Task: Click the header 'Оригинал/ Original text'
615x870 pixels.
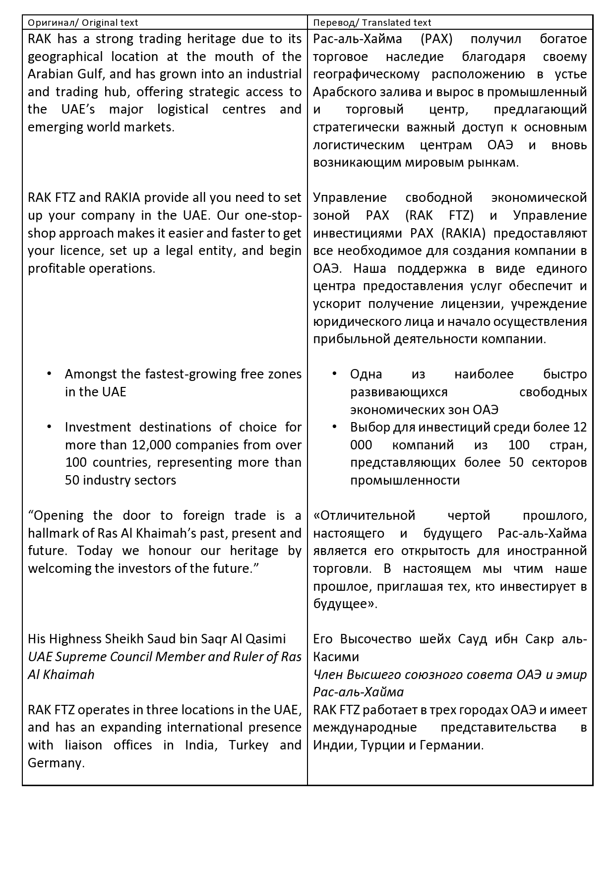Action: (83, 23)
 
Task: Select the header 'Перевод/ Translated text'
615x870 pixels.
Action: (372, 23)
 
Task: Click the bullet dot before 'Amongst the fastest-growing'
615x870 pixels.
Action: (49, 373)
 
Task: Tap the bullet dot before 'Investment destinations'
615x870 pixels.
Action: (49, 426)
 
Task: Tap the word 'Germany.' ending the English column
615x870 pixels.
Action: (56, 763)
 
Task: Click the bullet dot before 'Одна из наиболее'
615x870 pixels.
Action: (334, 373)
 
